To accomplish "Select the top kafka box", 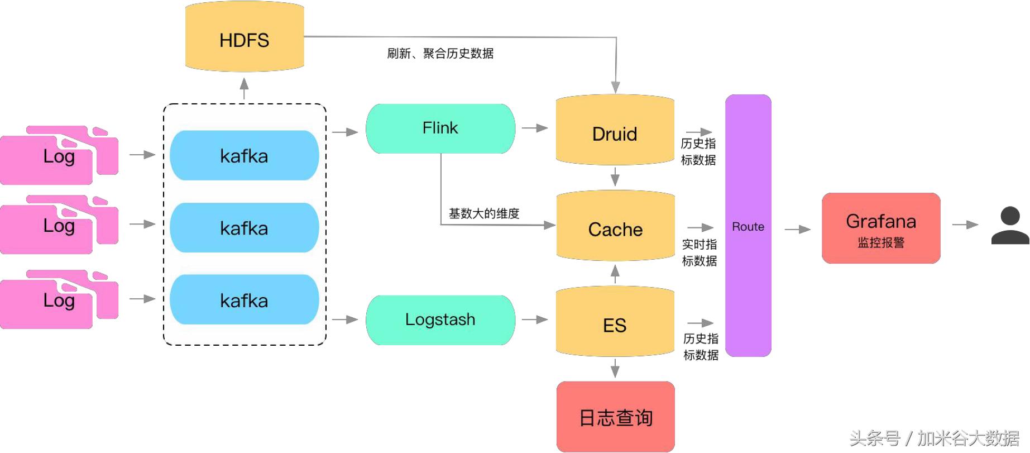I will pos(245,156).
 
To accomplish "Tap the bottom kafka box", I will pos(245,300).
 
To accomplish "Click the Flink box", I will pos(440,128).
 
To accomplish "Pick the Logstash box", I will pos(440,320).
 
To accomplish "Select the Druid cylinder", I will pos(615,132).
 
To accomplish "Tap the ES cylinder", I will pos(615,323).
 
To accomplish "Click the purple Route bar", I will pos(748,226).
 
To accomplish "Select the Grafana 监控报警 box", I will pos(881,228).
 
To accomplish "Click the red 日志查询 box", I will pos(616,417).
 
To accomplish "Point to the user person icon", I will pos(1010,226).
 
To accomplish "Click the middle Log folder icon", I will pos(59,225).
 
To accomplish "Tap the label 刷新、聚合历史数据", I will pos(440,54).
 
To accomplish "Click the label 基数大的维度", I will pos(484,213).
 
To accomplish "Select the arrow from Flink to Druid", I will pos(535,128).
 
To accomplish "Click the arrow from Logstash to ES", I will pos(535,320).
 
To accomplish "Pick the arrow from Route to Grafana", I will pos(797,230).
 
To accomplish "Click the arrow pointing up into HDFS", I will pos(244,88).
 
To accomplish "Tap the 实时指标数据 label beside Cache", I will pos(699,252).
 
